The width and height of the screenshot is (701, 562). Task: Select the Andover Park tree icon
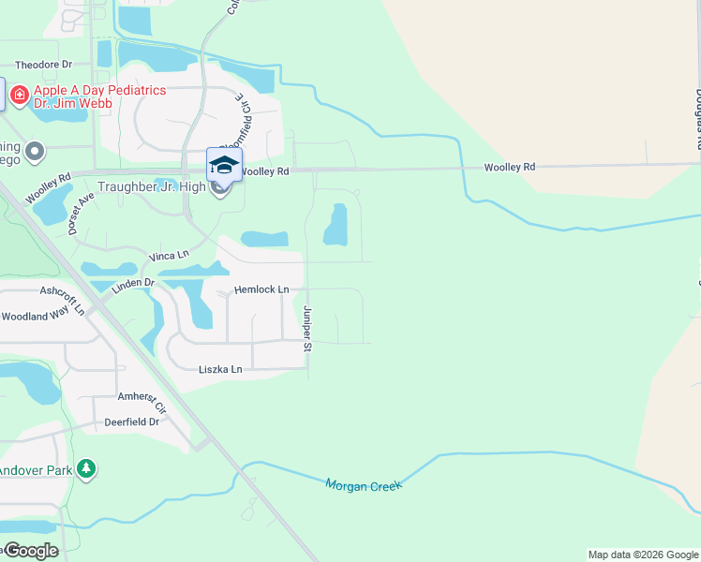(x=86, y=467)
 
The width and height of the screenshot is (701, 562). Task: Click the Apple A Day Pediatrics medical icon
(x=18, y=95)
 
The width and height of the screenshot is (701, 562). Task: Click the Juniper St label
(x=306, y=329)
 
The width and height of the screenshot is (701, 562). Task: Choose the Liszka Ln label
(x=220, y=370)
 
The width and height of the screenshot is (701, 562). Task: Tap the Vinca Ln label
(x=169, y=256)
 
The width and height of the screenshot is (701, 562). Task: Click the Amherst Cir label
(x=142, y=403)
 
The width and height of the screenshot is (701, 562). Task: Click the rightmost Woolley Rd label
(x=509, y=167)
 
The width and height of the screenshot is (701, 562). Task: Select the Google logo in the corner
(x=30, y=550)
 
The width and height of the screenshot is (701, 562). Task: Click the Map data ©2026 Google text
(x=642, y=555)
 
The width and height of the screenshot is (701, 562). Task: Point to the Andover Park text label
(x=35, y=469)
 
